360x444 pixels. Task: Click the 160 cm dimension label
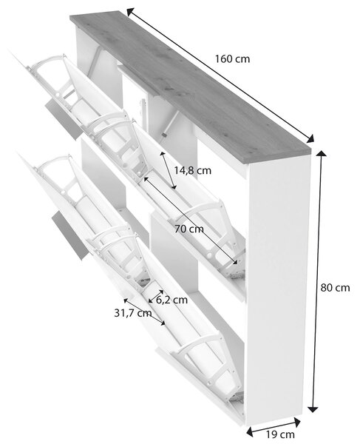(x=232, y=59)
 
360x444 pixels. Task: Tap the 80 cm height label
(x=335, y=288)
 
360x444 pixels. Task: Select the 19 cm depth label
(x=280, y=434)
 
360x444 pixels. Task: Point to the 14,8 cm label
(x=192, y=170)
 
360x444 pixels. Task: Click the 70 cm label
(x=189, y=229)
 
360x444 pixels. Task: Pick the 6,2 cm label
(x=171, y=300)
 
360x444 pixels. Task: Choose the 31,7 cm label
(x=133, y=313)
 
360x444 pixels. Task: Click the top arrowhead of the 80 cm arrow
(x=321, y=153)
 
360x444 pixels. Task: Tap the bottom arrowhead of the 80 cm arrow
(x=313, y=409)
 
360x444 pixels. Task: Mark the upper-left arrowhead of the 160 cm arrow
(x=129, y=12)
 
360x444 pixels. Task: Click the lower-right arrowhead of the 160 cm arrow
(x=310, y=138)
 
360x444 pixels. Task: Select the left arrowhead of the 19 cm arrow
(x=249, y=431)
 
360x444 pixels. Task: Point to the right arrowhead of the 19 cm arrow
(x=297, y=422)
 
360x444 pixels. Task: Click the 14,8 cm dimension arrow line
(x=169, y=170)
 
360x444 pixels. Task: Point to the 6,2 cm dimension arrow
(x=156, y=296)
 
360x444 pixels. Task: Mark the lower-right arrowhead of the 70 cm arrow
(x=234, y=262)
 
